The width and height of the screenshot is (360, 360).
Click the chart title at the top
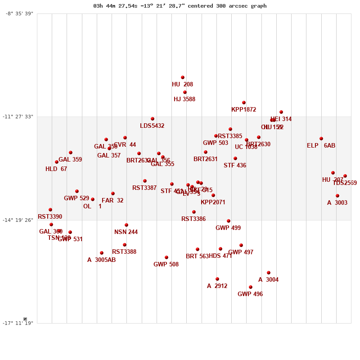click(180, 6)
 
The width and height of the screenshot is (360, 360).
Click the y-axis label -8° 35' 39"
click(19, 13)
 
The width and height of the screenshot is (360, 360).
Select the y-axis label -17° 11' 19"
click(19, 323)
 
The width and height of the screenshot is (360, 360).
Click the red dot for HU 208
click(183, 77)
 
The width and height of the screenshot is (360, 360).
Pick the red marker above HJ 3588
click(185, 92)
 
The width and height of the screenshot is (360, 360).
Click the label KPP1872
click(243, 109)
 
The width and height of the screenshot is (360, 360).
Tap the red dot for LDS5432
click(153, 119)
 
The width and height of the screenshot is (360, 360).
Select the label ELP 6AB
click(321, 145)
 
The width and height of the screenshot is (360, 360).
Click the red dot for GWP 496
click(251, 287)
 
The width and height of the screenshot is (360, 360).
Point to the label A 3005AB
click(101, 260)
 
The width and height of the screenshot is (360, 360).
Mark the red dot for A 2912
click(217, 279)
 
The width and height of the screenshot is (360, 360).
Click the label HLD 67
click(56, 169)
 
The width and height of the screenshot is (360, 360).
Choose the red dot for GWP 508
click(166, 257)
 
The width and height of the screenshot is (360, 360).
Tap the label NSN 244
click(126, 232)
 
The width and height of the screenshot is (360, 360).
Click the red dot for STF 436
click(235, 158)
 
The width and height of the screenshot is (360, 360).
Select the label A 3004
click(268, 279)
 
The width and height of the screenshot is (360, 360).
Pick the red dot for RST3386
click(194, 212)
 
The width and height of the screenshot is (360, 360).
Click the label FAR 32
click(112, 200)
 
